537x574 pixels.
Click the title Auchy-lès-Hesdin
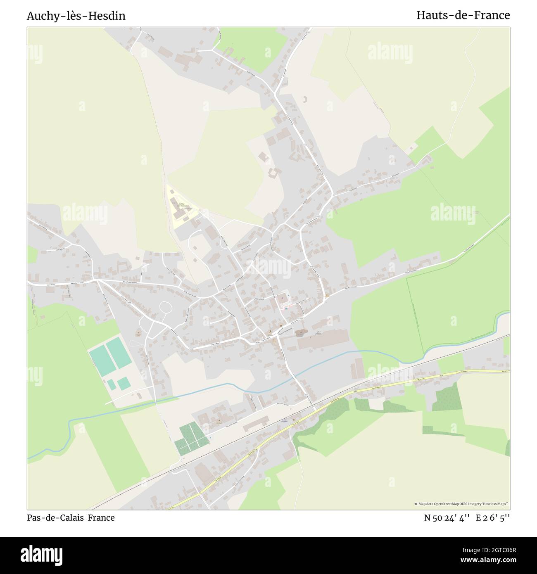point(76,16)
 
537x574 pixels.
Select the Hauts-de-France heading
point(463,15)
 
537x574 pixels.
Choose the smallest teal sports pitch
point(111,385)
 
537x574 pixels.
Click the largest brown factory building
point(323,339)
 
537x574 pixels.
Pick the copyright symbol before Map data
point(416,504)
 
